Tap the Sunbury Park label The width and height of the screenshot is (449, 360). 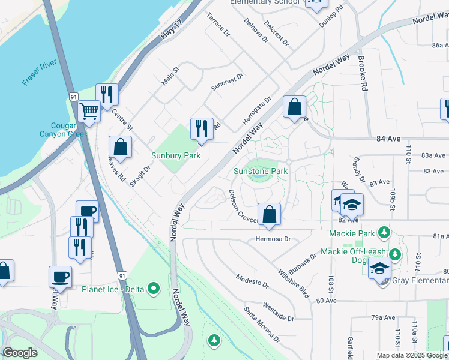point(175,155)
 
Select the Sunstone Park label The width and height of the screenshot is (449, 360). point(261,172)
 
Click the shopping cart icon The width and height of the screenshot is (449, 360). point(89,110)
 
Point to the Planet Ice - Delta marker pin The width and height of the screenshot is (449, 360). point(154,289)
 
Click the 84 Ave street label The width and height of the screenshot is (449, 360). point(388,139)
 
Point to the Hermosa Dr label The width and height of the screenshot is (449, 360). point(273,239)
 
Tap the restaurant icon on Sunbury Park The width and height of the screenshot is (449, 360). point(201,128)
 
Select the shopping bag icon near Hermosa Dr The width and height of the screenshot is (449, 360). point(269,214)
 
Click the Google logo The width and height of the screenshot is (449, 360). point(20,353)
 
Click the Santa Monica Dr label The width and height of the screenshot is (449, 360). point(262,325)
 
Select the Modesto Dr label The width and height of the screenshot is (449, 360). point(252,280)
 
